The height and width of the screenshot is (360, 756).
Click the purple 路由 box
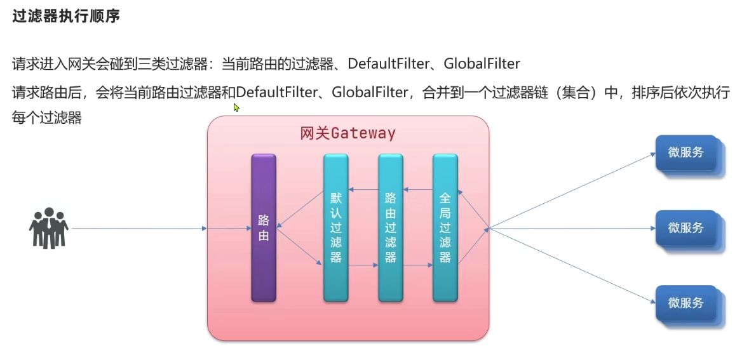[x=264, y=227]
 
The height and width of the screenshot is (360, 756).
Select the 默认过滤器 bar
[x=335, y=227]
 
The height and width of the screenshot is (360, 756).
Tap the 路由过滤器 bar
[x=391, y=227]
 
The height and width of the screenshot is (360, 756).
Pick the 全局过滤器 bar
[x=445, y=227]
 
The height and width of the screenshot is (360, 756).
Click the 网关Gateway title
[x=348, y=133]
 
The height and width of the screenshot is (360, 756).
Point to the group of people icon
[x=48, y=228]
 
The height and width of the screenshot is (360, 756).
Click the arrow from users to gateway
[x=140, y=228]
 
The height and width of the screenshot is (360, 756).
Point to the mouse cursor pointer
[x=236, y=107]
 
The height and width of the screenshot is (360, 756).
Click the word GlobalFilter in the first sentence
[x=482, y=63]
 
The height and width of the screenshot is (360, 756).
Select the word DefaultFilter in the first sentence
[x=388, y=63]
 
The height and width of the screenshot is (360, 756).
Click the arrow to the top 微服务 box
[x=572, y=190]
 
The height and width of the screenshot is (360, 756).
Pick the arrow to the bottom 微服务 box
[x=572, y=266]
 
